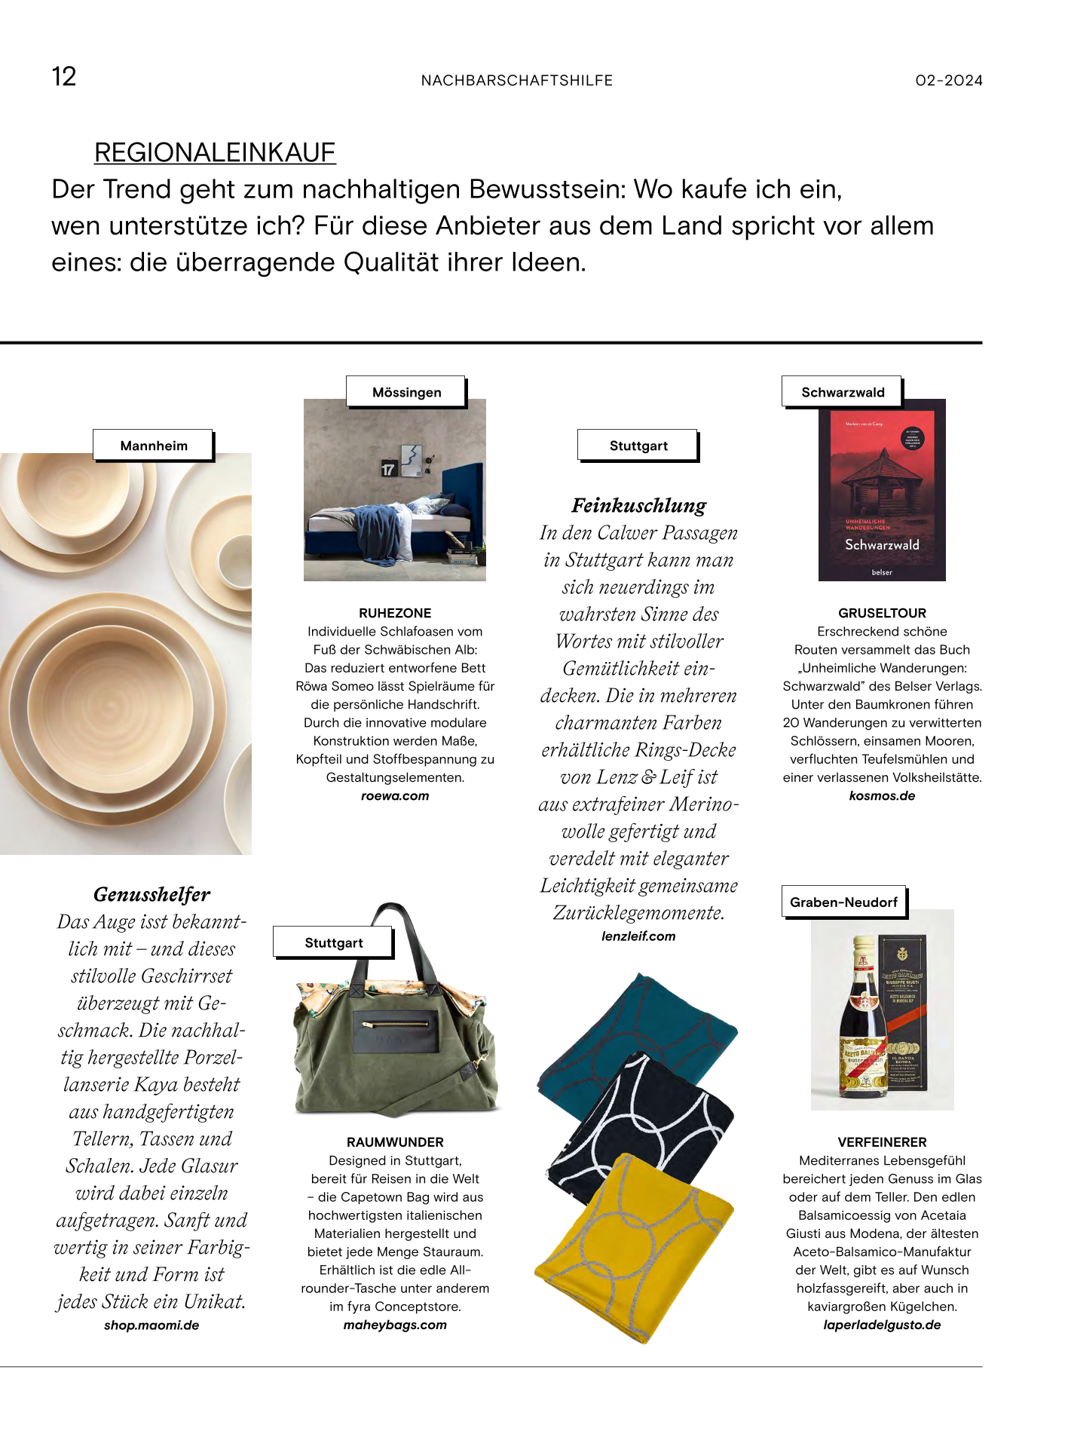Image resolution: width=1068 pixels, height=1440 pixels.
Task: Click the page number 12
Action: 64,77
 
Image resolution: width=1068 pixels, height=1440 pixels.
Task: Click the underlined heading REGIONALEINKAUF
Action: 215,152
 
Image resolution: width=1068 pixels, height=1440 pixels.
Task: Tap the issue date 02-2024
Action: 948,81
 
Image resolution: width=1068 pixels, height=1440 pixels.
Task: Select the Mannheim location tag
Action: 154,446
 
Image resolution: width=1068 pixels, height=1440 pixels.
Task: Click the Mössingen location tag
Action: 406,392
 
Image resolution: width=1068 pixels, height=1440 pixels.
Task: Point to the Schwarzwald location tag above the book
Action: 842,392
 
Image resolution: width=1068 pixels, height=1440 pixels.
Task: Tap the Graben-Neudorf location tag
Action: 843,902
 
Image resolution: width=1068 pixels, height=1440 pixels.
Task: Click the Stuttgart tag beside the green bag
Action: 333,942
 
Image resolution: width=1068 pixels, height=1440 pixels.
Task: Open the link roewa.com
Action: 395,796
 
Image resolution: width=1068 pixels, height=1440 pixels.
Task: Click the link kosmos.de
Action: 882,796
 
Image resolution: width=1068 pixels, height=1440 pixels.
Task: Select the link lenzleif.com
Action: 638,936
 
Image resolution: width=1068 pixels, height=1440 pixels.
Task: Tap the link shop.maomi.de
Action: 151,1325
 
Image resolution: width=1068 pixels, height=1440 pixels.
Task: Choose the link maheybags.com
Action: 395,1325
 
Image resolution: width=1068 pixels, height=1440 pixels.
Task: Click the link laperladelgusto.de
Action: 882,1325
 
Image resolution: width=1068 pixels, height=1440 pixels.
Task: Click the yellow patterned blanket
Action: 633,1244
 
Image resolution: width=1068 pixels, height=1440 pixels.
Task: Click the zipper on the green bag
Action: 396,1025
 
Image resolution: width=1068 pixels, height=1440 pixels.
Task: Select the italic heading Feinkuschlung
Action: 639,505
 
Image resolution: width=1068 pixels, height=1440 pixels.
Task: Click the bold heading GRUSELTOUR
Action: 882,613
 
